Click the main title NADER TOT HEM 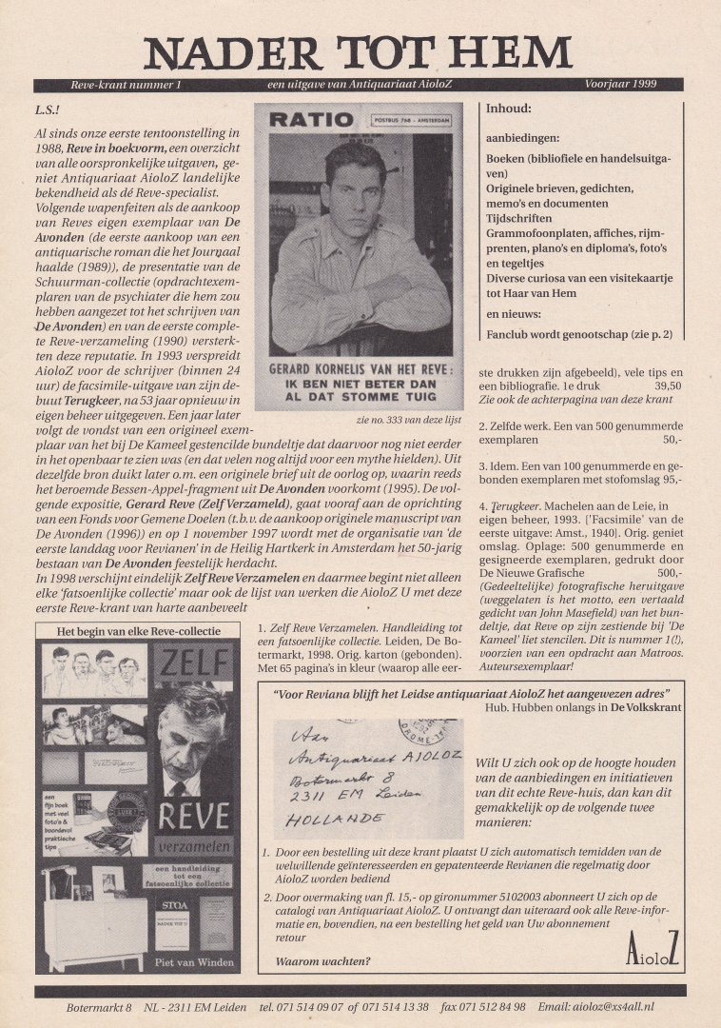(x=359, y=52)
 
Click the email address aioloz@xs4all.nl (x=614, y=1006)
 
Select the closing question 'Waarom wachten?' (x=322, y=961)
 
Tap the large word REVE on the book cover (x=194, y=816)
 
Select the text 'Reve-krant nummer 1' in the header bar (x=120, y=86)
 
